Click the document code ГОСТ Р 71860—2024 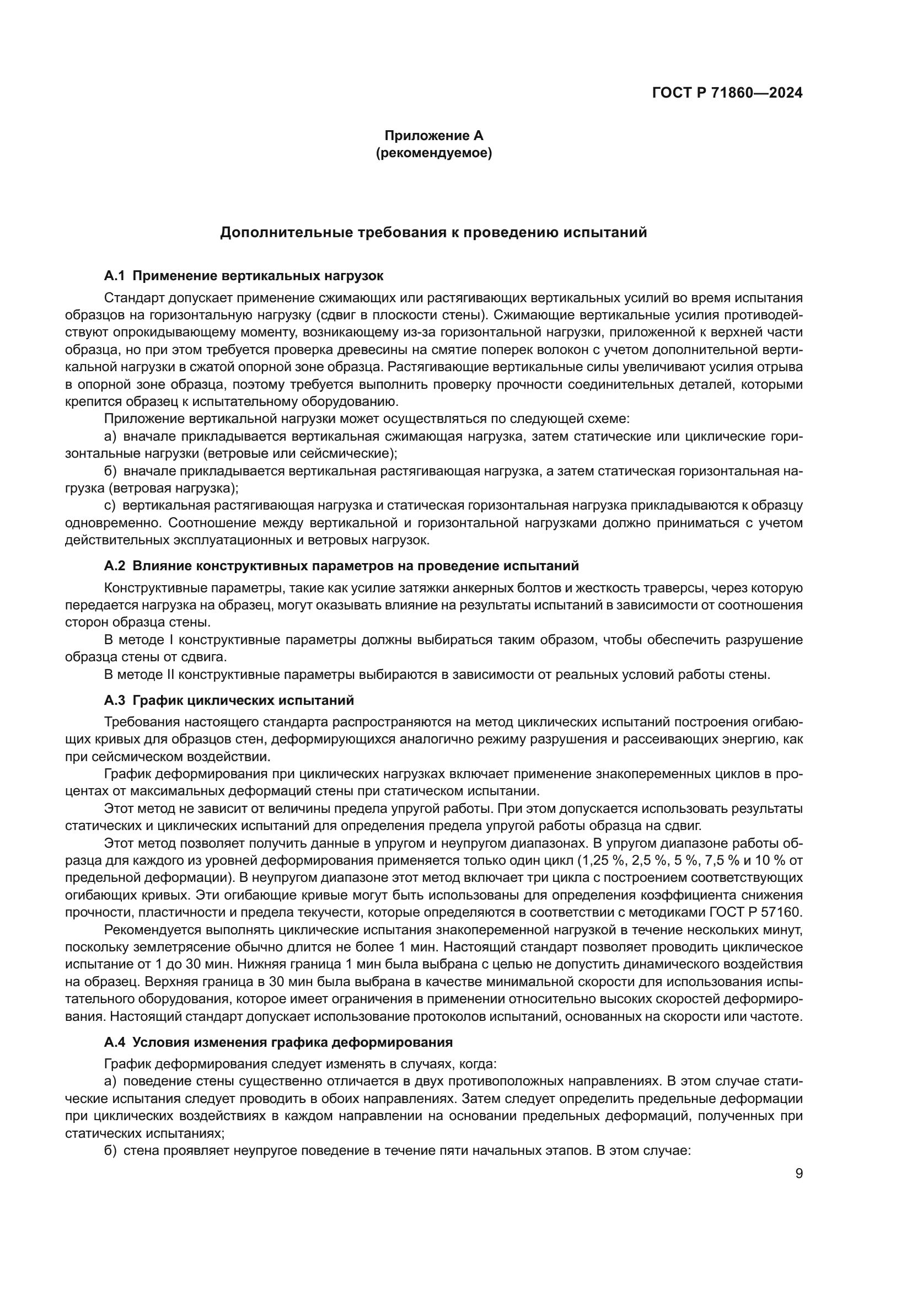click(x=727, y=93)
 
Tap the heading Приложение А click(x=433, y=136)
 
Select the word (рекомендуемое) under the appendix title click(x=433, y=153)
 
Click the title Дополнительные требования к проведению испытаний click(x=433, y=232)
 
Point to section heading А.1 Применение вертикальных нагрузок click(x=244, y=276)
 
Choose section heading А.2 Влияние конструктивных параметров click(x=341, y=565)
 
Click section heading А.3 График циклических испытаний click(x=229, y=700)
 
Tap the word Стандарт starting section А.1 click(x=134, y=298)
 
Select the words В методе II click(x=141, y=674)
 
